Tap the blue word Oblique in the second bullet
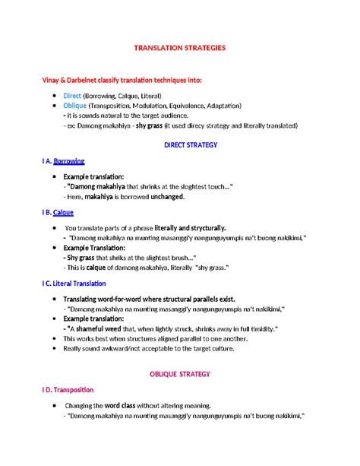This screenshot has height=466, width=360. click(75, 106)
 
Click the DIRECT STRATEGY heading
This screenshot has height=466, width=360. click(191, 144)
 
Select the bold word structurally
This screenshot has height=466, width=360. click(204, 227)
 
